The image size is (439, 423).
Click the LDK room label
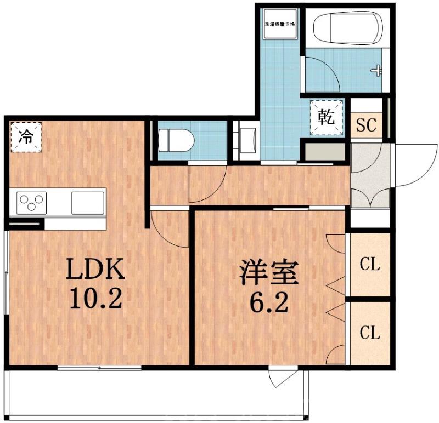(x=96, y=269)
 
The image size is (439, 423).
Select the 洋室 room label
(x=268, y=272)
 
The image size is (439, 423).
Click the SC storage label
(x=366, y=125)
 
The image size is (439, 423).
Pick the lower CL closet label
(x=370, y=332)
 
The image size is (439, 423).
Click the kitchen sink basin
(x=88, y=203)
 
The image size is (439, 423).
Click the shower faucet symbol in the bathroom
(x=377, y=70)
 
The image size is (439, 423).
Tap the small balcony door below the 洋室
(x=284, y=378)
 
